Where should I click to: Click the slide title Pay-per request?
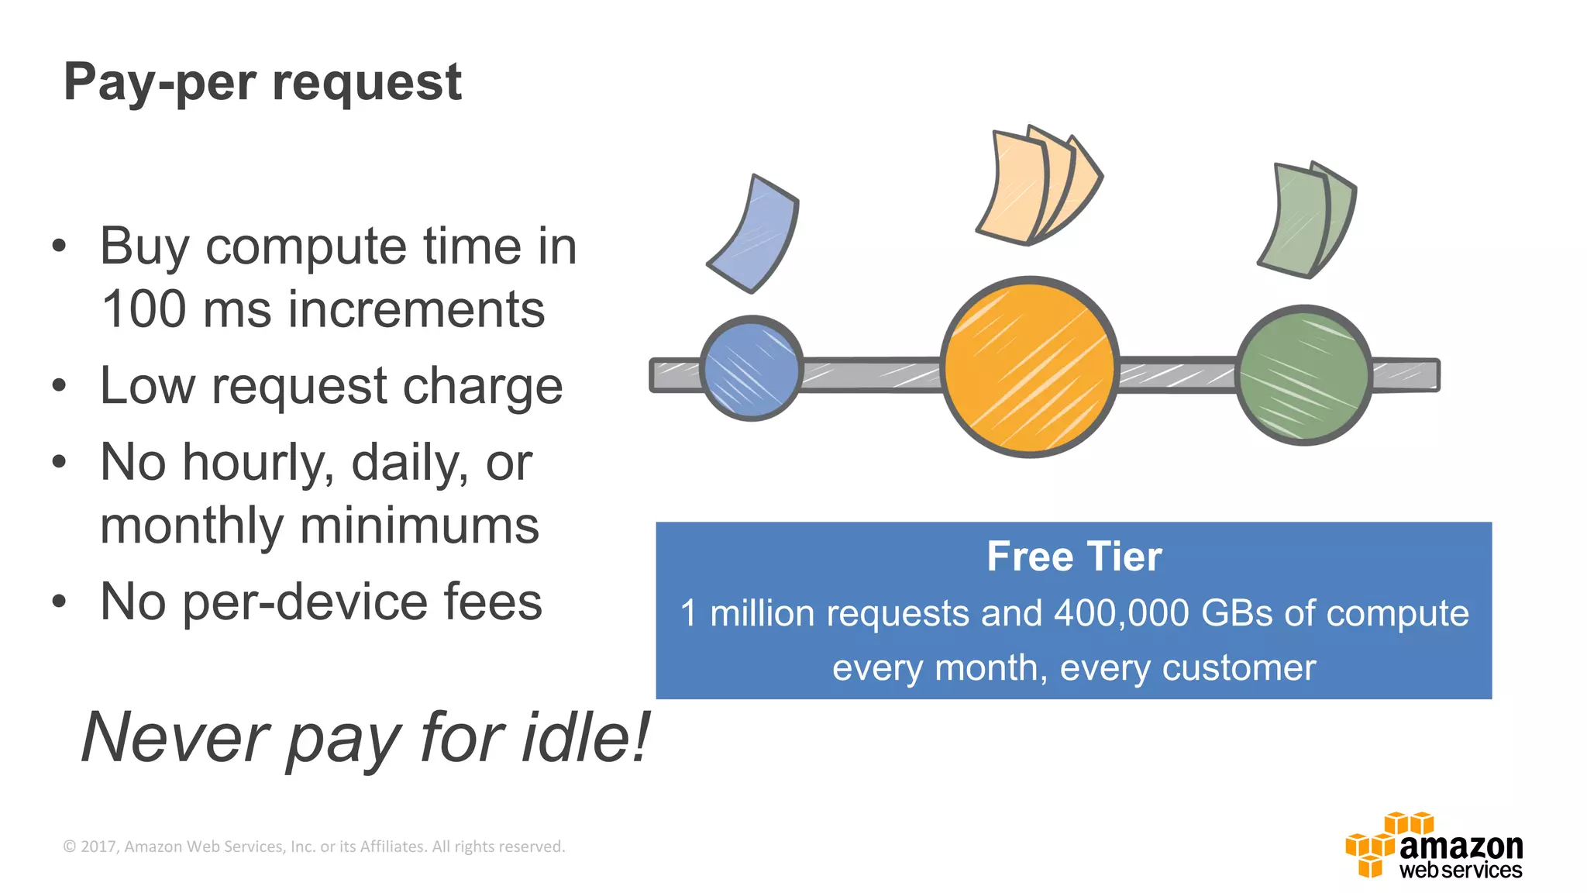[x=262, y=82]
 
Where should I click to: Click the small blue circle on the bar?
[x=751, y=369]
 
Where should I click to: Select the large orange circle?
[x=1029, y=367]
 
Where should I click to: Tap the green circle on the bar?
[x=1304, y=375]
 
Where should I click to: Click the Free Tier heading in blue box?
[x=1074, y=557]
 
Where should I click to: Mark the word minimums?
[x=418, y=526]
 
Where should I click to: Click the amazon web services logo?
[x=1434, y=846]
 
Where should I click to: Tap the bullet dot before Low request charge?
[x=59, y=385]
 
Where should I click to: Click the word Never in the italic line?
[x=175, y=737]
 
